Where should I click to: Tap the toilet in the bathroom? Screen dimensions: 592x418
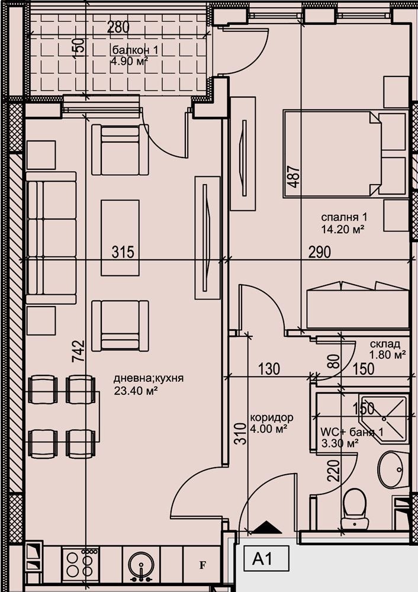pos(356,508)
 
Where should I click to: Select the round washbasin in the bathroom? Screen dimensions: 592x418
pos(391,468)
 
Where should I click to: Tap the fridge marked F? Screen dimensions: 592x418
pos(202,565)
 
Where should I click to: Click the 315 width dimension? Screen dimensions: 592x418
pos(123,252)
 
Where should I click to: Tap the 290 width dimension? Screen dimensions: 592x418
pos(319,252)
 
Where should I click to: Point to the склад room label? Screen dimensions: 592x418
pos(385,344)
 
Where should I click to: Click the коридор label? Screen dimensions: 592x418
pos(271,417)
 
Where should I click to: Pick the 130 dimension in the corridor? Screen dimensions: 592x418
pos(269,369)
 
